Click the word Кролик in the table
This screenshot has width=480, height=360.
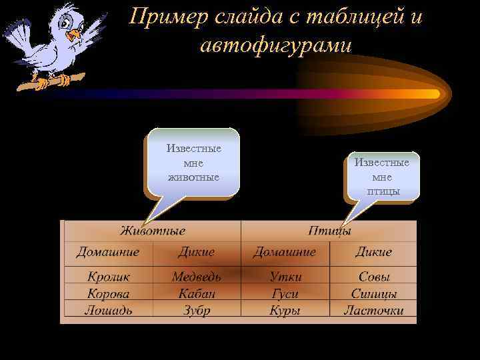(x=108, y=276)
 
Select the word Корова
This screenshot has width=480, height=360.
(x=108, y=293)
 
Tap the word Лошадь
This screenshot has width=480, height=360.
(x=108, y=310)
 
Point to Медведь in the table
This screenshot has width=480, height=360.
(x=196, y=276)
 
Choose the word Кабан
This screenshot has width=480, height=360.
(x=196, y=293)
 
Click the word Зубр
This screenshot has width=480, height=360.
(x=196, y=310)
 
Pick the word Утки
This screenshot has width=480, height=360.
(x=285, y=276)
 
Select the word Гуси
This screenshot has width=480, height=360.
(x=285, y=293)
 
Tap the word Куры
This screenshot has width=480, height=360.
(x=285, y=310)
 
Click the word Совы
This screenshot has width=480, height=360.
(x=374, y=276)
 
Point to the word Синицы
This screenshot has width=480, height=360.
(x=374, y=293)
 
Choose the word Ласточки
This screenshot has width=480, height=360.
(x=374, y=310)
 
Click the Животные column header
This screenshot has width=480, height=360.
(x=153, y=231)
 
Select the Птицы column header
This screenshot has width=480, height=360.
(x=329, y=231)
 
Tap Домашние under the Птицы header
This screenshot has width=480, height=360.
(x=285, y=252)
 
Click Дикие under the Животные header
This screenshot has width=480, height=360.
(x=196, y=252)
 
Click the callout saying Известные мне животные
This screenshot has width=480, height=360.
(x=193, y=163)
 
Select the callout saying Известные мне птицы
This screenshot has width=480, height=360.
(x=382, y=177)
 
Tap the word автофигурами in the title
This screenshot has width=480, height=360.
(x=275, y=45)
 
